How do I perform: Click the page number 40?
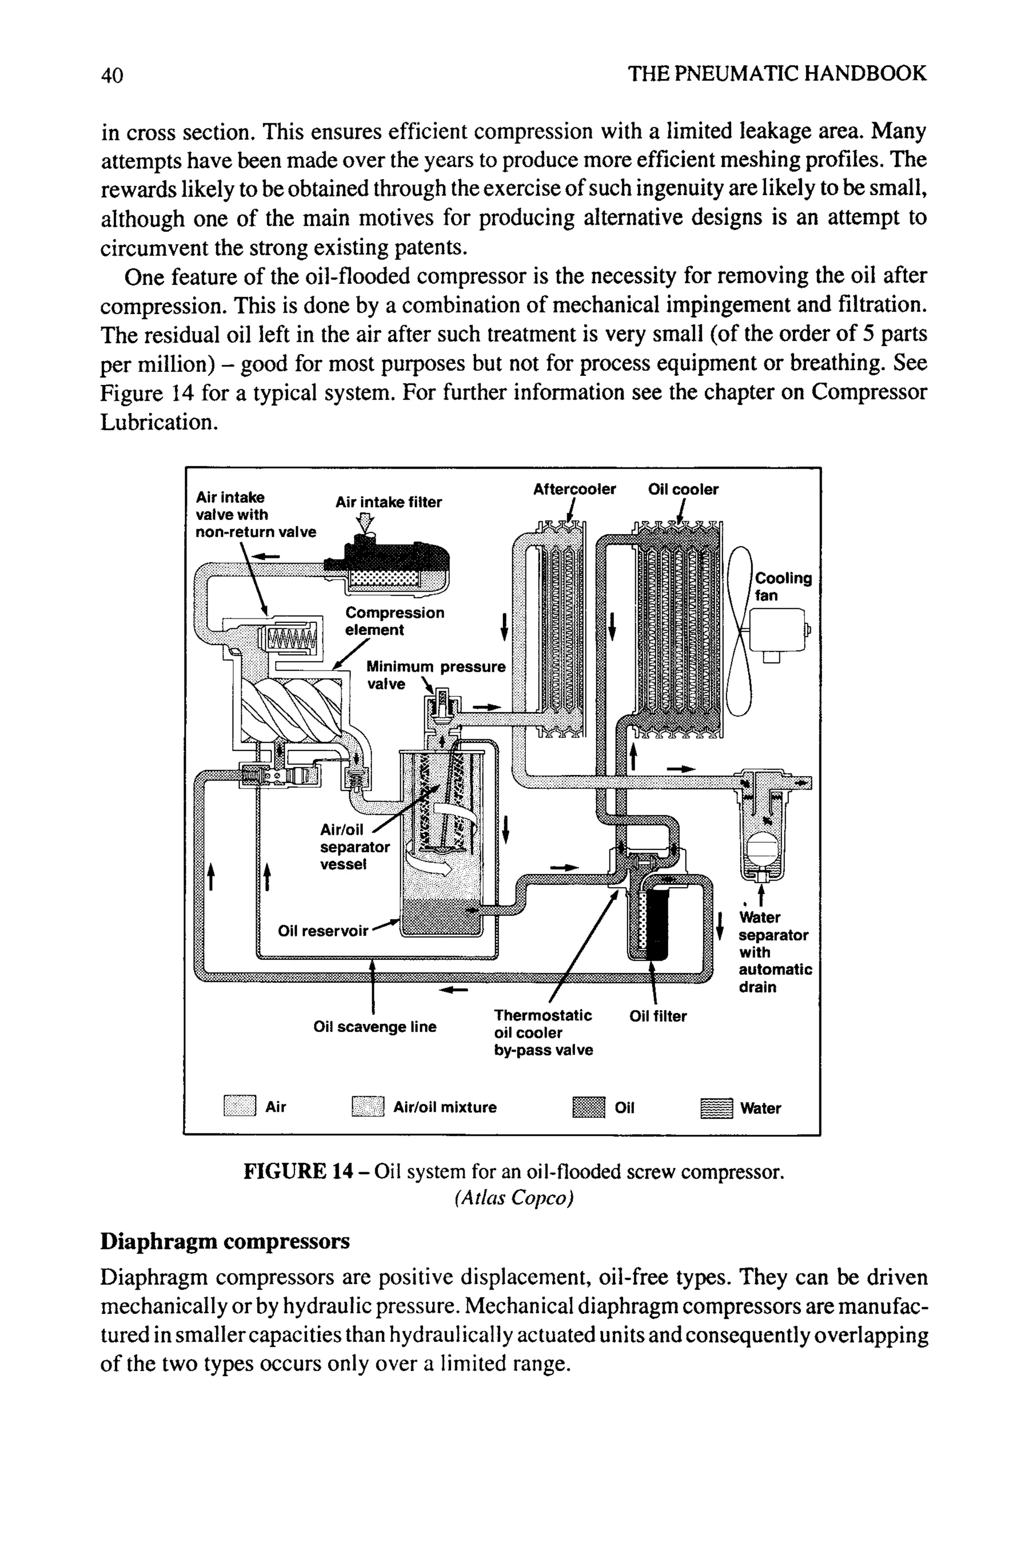point(112,74)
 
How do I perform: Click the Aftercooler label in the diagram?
point(574,489)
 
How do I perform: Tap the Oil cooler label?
point(683,489)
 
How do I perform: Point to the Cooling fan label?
point(783,586)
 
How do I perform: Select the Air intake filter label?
point(388,502)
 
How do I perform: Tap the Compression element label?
point(394,621)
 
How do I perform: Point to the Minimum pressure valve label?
point(435,675)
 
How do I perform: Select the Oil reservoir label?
point(323,931)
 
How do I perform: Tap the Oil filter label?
point(658,1016)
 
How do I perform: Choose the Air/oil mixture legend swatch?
point(367,1107)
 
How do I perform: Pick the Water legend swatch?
point(716,1108)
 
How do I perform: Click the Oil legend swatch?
point(588,1107)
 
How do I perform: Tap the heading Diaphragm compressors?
point(225,1241)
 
